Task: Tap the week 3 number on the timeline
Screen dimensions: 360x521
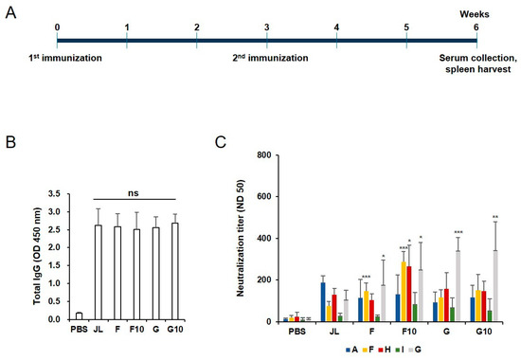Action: (x=267, y=27)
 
